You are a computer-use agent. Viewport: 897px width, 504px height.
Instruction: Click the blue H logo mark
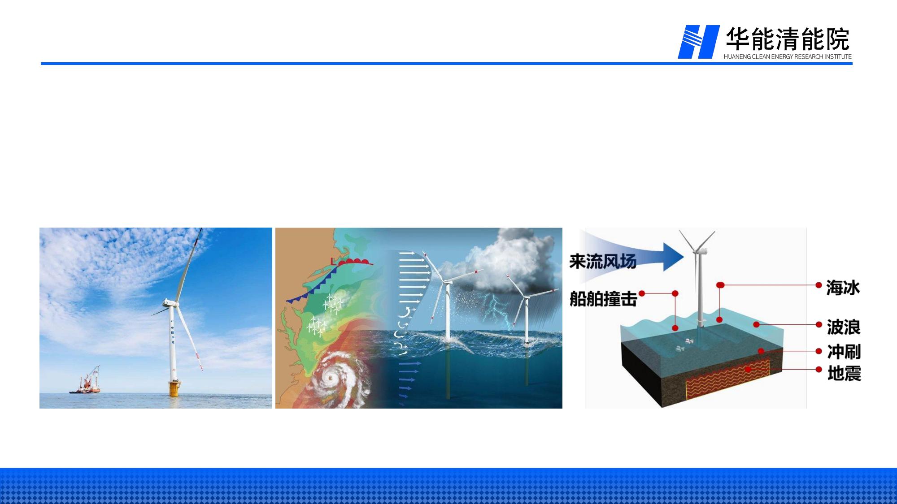click(x=698, y=42)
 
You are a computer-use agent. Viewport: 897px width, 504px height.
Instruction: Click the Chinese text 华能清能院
click(x=788, y=39)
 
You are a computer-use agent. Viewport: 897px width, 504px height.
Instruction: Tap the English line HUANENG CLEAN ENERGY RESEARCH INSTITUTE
click(x=788, y=57)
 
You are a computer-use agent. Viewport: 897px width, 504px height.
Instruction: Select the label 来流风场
click(x=603, y=261)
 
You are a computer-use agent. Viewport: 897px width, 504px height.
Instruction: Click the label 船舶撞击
click(x=603, y=299)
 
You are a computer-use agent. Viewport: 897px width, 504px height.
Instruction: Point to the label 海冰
click(x=843, y=288)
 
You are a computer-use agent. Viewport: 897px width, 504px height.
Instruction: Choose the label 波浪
click(x=844, y=327)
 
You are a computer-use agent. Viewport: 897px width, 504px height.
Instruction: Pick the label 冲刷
click(x=844, y=352)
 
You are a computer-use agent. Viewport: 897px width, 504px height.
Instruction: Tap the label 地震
click(x=844, y=373)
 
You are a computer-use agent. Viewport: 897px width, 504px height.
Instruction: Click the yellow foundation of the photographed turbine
click(x=174, y=388)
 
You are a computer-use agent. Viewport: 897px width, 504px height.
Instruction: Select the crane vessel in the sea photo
click(x=86, y=382)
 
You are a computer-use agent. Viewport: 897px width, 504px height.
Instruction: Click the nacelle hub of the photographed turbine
click(x=170, y=303)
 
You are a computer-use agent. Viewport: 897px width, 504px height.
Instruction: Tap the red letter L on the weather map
click(x=332, y=261)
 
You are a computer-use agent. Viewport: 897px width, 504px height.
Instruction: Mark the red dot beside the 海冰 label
click(x=819, y=285)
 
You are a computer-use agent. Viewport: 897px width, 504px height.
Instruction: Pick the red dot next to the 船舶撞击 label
click(x=642, y=293)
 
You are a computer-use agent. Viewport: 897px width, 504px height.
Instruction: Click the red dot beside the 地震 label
click(x=819, y=370)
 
